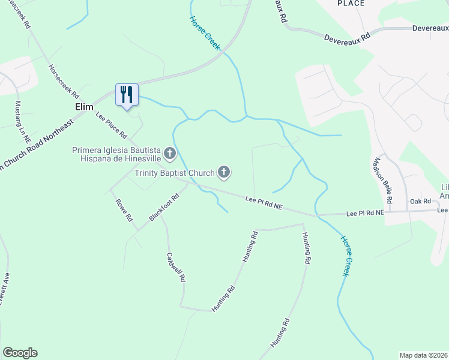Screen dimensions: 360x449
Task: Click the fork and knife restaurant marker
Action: click(x=127, y=95)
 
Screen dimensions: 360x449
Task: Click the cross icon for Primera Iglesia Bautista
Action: click(x=170, y=154)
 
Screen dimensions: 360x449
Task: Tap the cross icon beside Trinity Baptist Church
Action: click(x=224, y=173)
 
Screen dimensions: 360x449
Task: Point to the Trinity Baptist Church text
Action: click(x=174, y=173)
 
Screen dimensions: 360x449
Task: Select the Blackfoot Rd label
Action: click(x=164, y=207)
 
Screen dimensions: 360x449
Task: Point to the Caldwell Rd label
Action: click(x=176, y=267)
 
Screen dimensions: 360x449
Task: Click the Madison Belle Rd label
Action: click(x=382, y=180)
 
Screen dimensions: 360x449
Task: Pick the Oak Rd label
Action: click(x=420, y=202)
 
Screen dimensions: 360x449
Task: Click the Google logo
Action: click(x=20, y=353)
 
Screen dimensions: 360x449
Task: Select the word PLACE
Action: click(x=351, y=3)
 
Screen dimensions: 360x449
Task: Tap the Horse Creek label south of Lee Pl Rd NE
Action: click(x=345, y=256)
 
